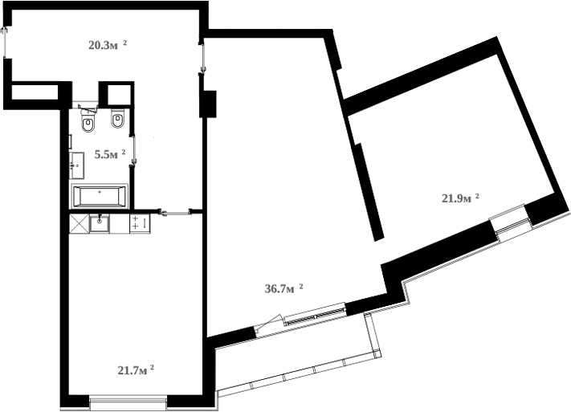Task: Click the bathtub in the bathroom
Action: pyautogui.click(x=99, y=195)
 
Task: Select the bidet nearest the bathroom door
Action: pyautogui.click(x=118, y=121)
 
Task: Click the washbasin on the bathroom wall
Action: pyautogui.click(x=77, y=166)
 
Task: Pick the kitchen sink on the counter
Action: pyautogui.click(x=100, y=222)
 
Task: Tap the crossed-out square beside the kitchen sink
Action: pyautogui.click(x=79, y=222)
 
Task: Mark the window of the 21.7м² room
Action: pyautogui.click(x=128, y=401)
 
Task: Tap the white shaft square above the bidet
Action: pyautogui.click(x=118, y=94)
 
